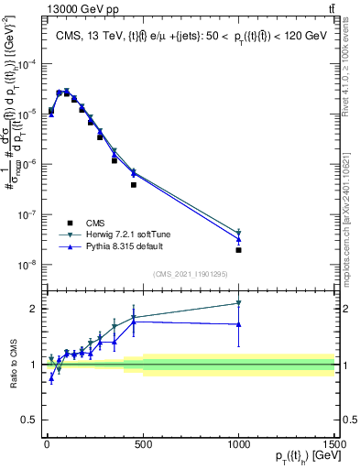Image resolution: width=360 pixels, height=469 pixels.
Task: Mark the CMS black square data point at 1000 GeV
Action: tap(238, 250)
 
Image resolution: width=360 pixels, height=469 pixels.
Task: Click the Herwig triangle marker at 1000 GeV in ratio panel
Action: tap(238, 303)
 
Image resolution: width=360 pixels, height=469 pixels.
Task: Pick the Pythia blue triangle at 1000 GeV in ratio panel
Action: tap(238, 324)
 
